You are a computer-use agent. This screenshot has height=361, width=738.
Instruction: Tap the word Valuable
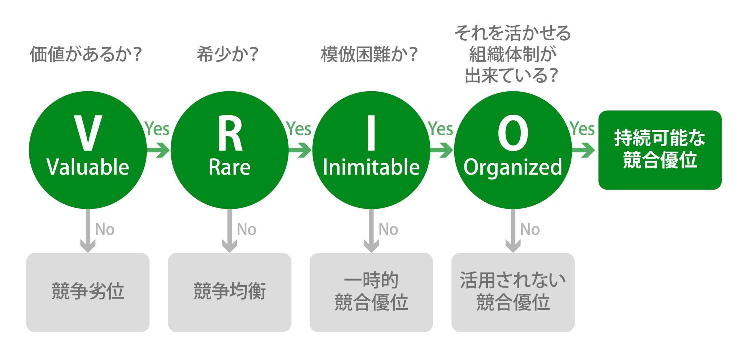[x=88, y=167]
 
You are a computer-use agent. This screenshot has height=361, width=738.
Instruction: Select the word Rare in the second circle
[x=229, y=167]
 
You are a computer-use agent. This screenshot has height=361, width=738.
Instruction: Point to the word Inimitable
[x=371, y=167]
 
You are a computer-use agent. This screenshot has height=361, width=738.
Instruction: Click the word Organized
[x=513, y=168]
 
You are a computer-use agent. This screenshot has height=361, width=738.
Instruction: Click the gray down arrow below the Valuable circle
[x=88, y=230]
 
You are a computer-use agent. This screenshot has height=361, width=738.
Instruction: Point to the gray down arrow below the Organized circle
[x=513, y=230]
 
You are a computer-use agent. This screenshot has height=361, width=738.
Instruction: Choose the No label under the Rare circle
[x=246, y=230]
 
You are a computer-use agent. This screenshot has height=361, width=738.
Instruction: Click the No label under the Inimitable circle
[x=388, y=230]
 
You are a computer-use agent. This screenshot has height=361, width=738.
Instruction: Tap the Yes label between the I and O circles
[x=440, y=128]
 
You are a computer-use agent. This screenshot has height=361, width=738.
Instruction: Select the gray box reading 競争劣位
[x=88, y=292]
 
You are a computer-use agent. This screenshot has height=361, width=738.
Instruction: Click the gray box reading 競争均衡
[x=229, y=292]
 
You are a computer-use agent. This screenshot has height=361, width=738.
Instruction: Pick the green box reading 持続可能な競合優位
[x=660, y=150]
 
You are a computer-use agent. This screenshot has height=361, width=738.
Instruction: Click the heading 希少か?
[x=227, y=54]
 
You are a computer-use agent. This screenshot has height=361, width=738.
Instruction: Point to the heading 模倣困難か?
[x=369, y=54]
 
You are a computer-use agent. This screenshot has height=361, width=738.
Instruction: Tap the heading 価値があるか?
[x=86, y=54]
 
